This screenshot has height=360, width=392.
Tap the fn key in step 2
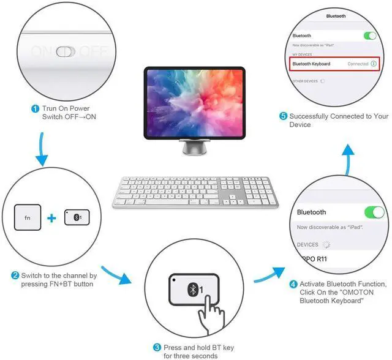point(28,217)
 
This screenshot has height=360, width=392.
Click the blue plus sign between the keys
point(52,217)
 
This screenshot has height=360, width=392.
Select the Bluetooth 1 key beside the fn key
point(77,217)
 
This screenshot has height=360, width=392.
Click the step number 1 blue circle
point(35,108)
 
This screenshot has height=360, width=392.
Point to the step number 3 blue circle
point(157,347)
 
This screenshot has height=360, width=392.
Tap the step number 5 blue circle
point(284,116)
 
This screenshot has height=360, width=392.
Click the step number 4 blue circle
point(293,284)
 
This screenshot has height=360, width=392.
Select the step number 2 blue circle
point(15,276)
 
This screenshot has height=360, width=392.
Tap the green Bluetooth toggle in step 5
point(369,36)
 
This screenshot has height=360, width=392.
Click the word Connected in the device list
point(358,64)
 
